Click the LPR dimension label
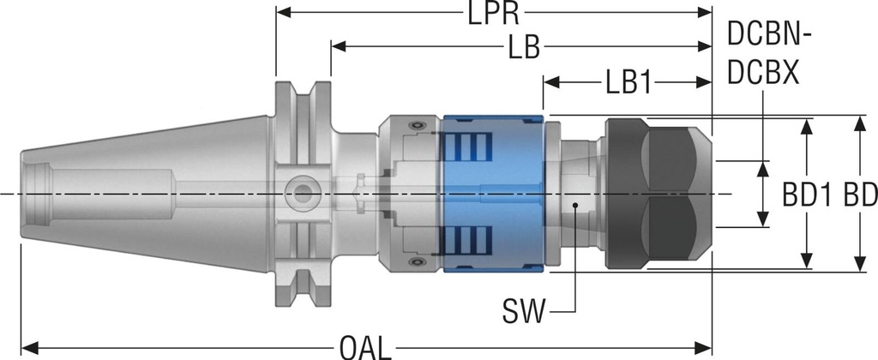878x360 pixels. click(x=493, y=13)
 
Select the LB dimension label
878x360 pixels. click(x=524, y=48)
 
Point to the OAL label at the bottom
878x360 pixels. click(x=365, y=348)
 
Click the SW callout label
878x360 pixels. click(x=523, y=312)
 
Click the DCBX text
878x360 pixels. click(x=763, y=73)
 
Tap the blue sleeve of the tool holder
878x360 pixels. click(x=493, y=194)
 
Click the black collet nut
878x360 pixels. click(x=658, y=194)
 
